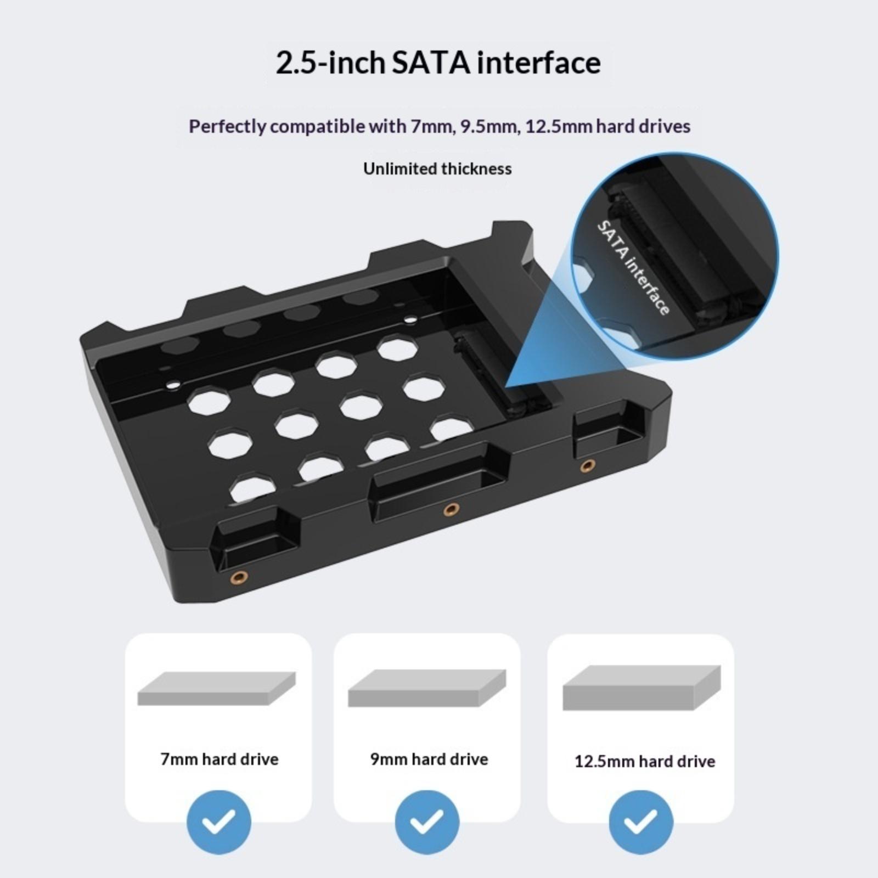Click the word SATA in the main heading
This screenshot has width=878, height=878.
coord(431,63)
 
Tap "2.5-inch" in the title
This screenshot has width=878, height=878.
coord(330,63)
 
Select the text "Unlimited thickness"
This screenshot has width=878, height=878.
coord(437,168)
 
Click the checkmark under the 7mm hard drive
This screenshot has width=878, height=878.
coord(219,821)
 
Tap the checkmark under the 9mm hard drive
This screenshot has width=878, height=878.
coord(427,821)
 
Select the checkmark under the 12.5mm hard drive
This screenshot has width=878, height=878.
coord(640,821)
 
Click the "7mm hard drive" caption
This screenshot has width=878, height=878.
coord(219,759)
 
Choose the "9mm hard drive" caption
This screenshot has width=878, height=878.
coord(429,759)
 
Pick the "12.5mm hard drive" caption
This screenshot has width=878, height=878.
coord(645,762)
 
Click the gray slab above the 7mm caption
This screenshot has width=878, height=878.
coord(216,689)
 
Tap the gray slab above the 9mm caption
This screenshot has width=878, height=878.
coord(427,688)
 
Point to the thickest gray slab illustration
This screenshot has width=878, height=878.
coord(641,688)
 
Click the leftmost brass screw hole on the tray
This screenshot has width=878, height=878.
coord(239,577)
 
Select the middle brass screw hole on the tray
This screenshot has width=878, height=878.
coord(451,510)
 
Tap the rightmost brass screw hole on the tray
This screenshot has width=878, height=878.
coord(588,466)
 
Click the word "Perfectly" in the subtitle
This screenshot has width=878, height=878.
coord(228,127)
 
